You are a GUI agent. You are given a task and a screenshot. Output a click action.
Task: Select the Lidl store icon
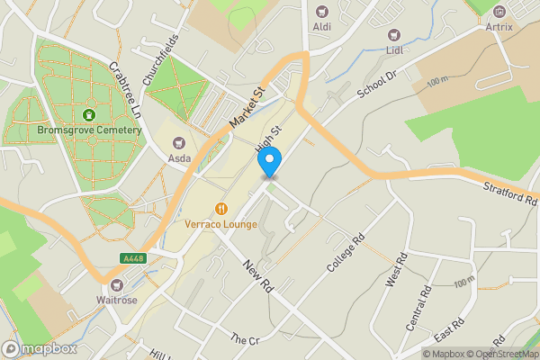tap(393, 35)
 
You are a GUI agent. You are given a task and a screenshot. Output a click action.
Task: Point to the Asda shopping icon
tap(178, 141)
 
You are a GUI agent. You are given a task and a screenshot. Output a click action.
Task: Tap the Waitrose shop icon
tap(117, 283)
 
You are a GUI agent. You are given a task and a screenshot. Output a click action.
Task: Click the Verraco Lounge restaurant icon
tap(221, 209)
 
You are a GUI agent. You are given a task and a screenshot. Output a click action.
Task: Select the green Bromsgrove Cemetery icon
tap(89, 114)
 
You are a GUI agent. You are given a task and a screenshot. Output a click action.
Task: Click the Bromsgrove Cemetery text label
tap(89, 130)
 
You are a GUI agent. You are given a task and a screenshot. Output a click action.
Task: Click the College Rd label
tap(345, 255)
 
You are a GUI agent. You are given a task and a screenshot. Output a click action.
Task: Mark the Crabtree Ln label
tap(125, 90)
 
